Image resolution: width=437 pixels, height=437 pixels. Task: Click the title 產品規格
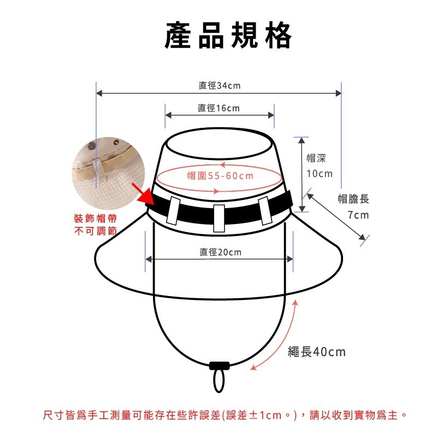coord(228,37)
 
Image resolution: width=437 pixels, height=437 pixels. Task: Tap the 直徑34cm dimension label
coord(219,86)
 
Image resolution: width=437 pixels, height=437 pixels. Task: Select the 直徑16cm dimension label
coord(218,108)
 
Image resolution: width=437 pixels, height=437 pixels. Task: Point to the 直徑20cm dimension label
coord(220,252)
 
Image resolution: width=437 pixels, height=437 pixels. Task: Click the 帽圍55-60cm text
coord(220,175)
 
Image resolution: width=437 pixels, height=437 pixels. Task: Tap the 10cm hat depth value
coord(319,174)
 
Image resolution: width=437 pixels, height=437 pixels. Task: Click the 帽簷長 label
coord(353,199)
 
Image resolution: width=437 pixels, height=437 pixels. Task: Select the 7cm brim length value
coord(358,215)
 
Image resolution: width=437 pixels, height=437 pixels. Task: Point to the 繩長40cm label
coord(317,352)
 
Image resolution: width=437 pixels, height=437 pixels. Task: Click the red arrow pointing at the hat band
coord(143,196)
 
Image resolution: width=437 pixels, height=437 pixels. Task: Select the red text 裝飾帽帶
coord(95,218)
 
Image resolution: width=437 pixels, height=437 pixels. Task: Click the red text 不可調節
coord(95,231)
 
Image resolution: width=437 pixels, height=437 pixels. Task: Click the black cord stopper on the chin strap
coord(219,365)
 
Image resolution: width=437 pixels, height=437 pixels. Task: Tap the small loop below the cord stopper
coord(219,381)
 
